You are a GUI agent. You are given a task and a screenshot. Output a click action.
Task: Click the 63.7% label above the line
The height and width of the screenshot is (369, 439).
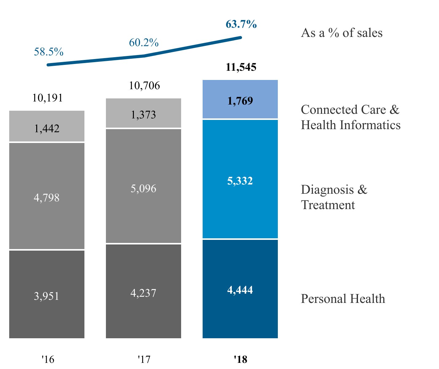[x=241, y=24]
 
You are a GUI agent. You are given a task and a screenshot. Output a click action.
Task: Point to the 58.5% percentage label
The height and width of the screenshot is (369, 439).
[x=49, y=52]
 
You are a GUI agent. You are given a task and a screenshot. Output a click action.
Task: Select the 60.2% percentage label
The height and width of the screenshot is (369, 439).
[x=144, y=42]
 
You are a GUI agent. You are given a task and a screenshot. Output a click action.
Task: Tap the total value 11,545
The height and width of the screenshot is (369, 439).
[x=241, y=67]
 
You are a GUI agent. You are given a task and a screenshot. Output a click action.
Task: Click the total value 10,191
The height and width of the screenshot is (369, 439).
[x=47, y=98]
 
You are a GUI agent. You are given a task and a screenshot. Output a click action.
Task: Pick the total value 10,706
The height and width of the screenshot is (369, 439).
[x=144, y=85]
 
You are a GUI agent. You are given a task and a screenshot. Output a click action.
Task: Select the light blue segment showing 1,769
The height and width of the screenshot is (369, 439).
[x=240, y=99]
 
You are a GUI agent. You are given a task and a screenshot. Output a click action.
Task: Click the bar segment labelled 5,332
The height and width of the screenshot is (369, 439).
[x=240, y=179]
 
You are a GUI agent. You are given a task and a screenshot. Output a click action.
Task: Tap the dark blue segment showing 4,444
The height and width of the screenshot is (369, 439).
[x=240, y=289]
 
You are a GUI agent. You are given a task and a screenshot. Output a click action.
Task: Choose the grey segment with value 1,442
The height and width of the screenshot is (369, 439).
[x=47, y=126]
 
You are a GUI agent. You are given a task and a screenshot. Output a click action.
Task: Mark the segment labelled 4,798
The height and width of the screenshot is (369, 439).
[x=47, y=196]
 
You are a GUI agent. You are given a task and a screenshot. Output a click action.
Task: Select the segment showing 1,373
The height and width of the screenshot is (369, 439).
[x=143, y=113]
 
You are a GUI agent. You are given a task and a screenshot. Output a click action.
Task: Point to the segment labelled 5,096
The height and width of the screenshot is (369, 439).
[x=143, y=186]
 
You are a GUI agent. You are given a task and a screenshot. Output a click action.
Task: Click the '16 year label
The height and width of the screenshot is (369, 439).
[x=48, y=359]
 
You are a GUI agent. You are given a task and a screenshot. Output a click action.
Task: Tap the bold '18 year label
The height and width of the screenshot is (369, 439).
[x=240, y=359]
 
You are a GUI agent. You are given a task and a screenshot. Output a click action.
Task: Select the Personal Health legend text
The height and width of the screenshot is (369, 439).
[x=343, y=299]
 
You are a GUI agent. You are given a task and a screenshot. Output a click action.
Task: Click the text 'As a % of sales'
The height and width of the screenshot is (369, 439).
[x=342, y=33]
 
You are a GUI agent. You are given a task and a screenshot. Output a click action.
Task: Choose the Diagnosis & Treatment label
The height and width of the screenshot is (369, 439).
[x=334, y=197]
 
